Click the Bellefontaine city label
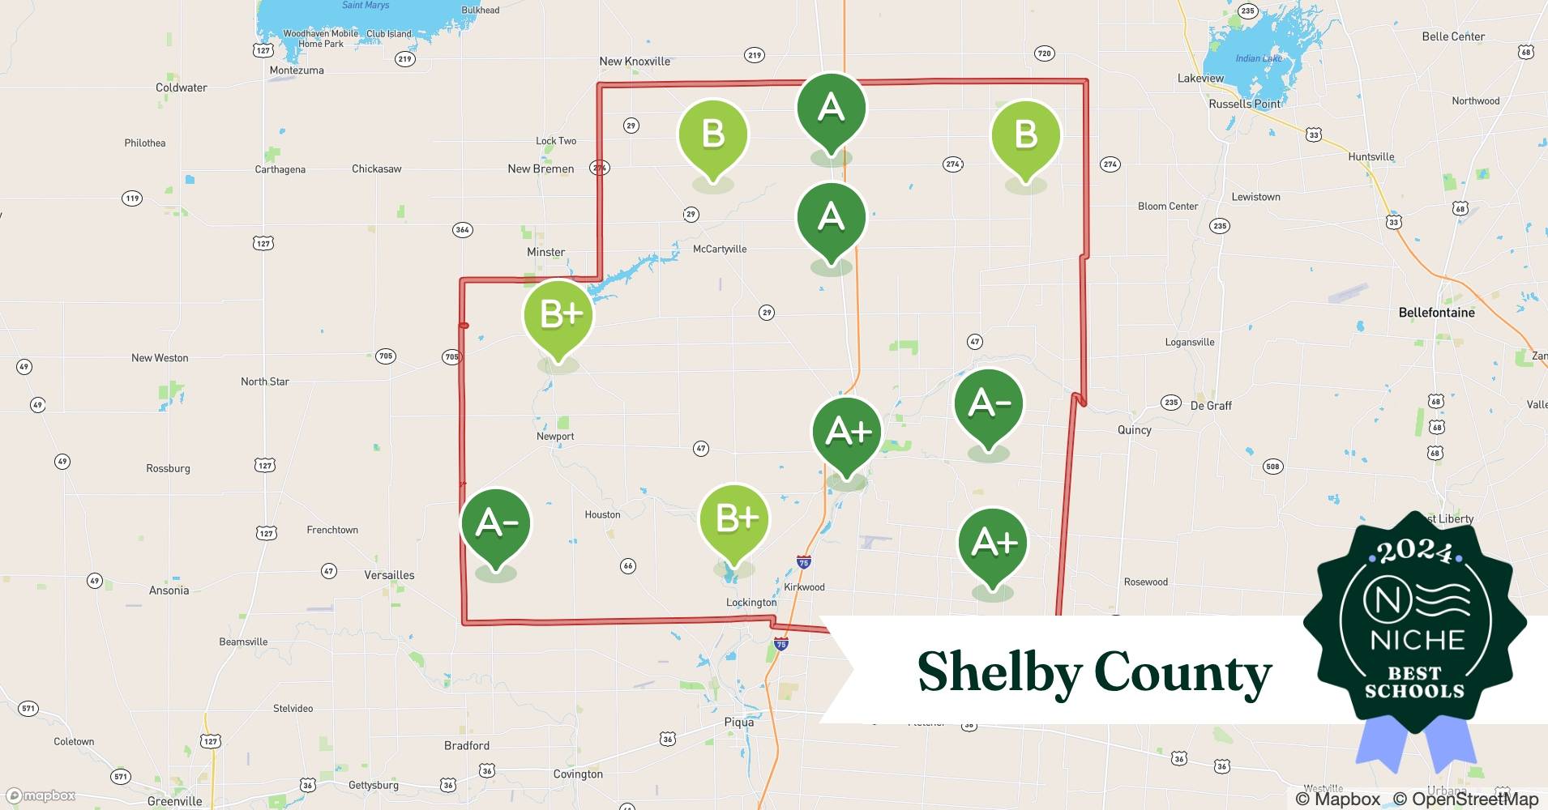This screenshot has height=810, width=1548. click(1436, 313)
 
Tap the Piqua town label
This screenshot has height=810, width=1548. click(738, 722)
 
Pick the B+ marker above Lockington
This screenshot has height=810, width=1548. click(734, 519)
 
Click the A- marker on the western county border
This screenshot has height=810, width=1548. click(496, 524)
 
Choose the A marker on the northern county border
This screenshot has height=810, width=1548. click(832, 109)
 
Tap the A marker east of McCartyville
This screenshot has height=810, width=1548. click(832, 218)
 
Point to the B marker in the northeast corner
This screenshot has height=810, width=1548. click(1025, 135)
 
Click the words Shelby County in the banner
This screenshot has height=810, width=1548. click(1094, 672)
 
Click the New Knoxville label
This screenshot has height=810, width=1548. click(635, 62)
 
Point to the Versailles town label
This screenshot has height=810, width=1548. click(389, 575)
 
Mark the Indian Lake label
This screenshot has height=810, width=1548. click(1259, 58)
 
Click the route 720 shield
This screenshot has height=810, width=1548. click(1044, 53)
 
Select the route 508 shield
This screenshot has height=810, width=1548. click(1272, 467)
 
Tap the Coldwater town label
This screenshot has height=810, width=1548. click(182, 87)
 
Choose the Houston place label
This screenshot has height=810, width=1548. click(602, 514)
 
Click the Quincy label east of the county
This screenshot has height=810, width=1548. click(1134, 430)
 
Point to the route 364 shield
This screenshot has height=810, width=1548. click(462, 229)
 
